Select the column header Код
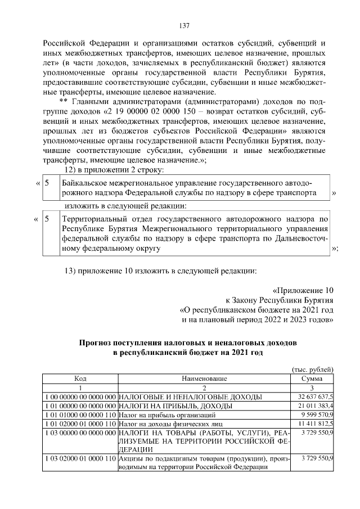pyautogui.click(x=80, y=379)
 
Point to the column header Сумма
pyautogui.click(x=312, y=379)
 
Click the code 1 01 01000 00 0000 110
pyautogui.click(x=80, y=415)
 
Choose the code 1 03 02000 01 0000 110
pyautogui.click(x=80, y=458)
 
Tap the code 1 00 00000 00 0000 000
pyautogui.click(x=80, y=397)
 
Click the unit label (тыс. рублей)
pyautogui.click(x=312, y=369)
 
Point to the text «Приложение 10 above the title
pyautogui.click(x=303, y=290)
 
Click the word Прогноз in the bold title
pyautogui.click(x=98, y=342)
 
